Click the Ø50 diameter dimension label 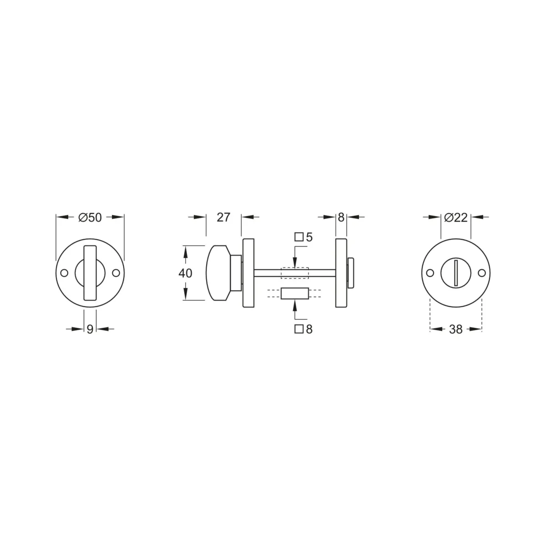click(x=90, y=217)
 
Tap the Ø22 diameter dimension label click(x=455, y=217)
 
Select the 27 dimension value click(x=223, y=217)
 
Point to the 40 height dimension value click(x=185, y=273)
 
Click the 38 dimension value click(x=456, y=329)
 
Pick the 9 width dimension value click(x=90, y=329)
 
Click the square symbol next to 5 click(x=299, y=237)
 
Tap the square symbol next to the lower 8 click(x=299, y=329)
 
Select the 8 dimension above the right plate click(x=341, y=217)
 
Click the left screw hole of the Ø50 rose click(x=65, y=273)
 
